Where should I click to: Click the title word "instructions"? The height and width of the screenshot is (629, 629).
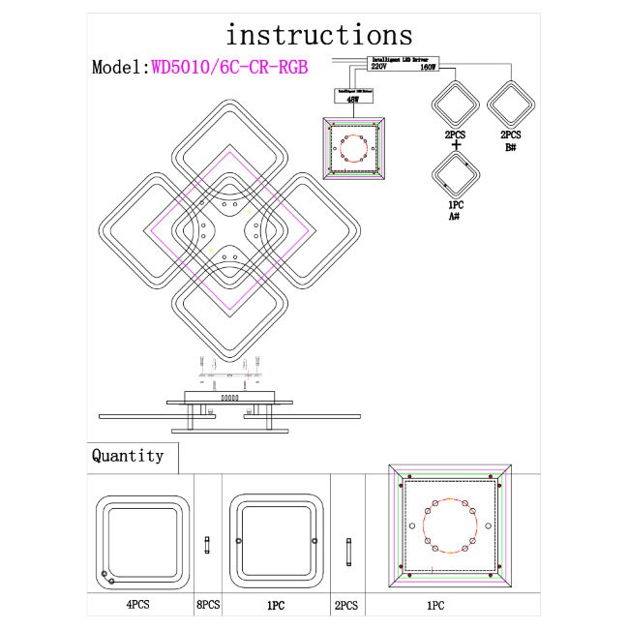coord(318,35)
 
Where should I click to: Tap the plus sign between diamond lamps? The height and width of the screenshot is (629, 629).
coord(455,146)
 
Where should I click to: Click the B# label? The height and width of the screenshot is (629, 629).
coord(510,149)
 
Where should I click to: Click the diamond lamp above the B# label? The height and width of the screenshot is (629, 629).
coord(511,104)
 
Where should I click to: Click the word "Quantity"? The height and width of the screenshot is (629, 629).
coord(128,456)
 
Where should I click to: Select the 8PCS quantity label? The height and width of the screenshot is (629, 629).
coord(208,605)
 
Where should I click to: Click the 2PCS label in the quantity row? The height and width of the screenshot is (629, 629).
coord(346,605)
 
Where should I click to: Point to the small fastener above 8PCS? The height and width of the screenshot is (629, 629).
coord(208,546)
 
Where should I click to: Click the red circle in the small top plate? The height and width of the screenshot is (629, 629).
coord(354,150)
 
